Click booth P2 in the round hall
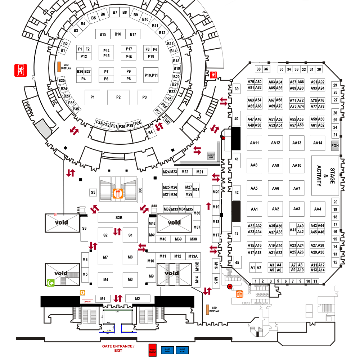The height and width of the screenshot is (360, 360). coord(118,97)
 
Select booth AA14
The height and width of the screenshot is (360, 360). coord(318,143)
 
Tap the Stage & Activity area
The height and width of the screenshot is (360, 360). coord(325,176)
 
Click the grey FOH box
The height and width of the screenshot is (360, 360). coord(335,145)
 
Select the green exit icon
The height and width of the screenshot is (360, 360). coord(51,283)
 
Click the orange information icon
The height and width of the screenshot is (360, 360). coord(82,293)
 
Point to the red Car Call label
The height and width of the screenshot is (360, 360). coord(86,302)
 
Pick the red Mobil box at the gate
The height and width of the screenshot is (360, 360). coord(152,350)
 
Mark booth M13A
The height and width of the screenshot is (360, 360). coord(193,256)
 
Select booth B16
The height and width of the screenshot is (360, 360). coord(118,34)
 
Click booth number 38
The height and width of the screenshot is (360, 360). coord(258,69)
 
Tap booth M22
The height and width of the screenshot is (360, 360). coord(185,172)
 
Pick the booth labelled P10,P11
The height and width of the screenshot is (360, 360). coord(151,75)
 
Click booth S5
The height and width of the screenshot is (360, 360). coord(93,192)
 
